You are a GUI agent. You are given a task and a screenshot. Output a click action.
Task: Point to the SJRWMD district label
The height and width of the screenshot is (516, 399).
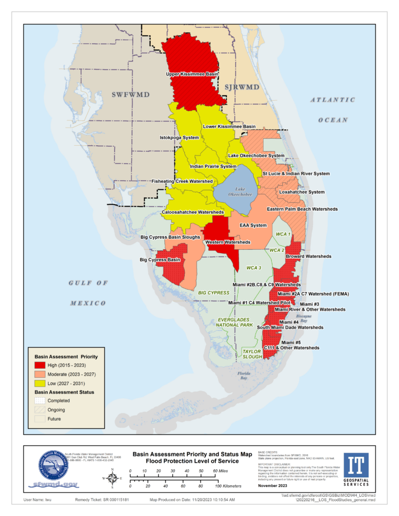click(241, 87)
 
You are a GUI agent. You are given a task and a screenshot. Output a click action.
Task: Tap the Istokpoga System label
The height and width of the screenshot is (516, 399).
click(179, 137)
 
